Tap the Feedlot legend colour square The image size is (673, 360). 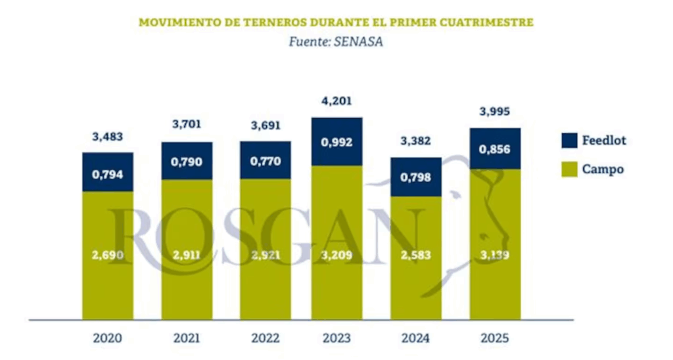tap(570, 140)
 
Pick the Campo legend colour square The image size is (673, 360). tap(570, 169)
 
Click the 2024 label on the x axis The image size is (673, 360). tap(415, 339)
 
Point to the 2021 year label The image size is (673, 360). tap(187, 339)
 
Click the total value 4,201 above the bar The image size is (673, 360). tap(336, 102)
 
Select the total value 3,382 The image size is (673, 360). tap(415, 143)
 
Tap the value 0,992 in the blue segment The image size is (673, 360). tap(336, 141)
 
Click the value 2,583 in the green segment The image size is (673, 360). tap(415, 255)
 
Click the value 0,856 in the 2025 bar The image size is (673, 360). tap(495, 148)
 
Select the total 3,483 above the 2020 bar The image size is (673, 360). tap(108, 137)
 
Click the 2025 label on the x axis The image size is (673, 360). tap(495, 339)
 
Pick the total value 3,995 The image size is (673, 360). tap(495, 112)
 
